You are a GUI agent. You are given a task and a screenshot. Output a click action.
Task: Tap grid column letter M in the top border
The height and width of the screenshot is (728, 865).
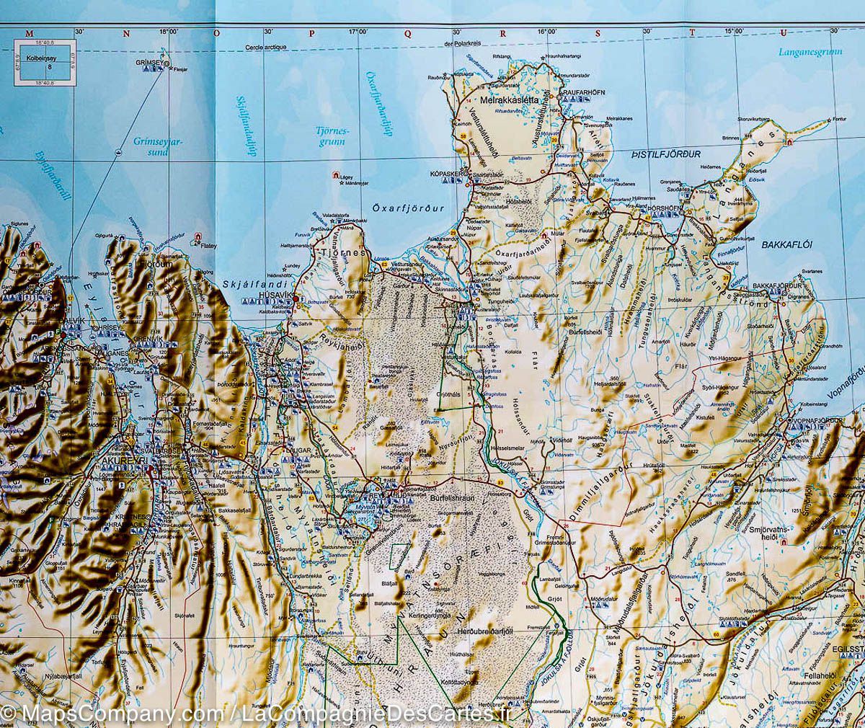coord(29,32)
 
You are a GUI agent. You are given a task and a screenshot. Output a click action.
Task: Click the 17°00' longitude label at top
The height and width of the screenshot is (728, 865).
coord(358,32)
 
